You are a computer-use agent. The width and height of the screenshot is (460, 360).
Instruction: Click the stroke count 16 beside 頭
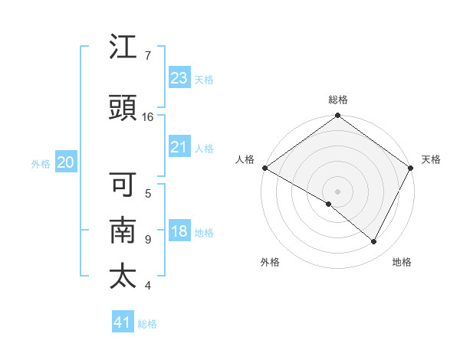click(148, 117)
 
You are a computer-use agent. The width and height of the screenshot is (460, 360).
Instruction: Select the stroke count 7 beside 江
click(147, 56)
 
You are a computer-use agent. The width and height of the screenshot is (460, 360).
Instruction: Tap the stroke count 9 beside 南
click(147, 240)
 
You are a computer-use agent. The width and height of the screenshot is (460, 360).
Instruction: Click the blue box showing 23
click(179, 77)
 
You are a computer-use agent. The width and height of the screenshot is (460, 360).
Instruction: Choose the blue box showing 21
click(179, 147)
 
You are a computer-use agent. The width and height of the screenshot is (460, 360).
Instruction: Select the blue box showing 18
click(179, 232)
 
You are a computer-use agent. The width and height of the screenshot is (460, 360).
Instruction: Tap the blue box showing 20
click(65, 162)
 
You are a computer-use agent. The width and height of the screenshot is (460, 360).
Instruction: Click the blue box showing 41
click(123, 322)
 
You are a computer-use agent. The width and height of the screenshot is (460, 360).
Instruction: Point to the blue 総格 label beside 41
click(148, 324)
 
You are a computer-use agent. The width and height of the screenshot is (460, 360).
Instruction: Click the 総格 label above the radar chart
click(338, 100)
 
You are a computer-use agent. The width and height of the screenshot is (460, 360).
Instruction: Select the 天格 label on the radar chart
click(431, 159)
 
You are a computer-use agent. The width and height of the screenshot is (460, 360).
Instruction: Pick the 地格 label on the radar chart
click(402, 262)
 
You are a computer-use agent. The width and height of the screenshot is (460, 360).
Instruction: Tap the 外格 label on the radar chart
click(270, 262)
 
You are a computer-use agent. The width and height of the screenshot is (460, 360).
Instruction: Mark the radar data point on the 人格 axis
click(264, 168)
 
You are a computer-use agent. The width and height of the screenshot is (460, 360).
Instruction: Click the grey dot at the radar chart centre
click(337, 191)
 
